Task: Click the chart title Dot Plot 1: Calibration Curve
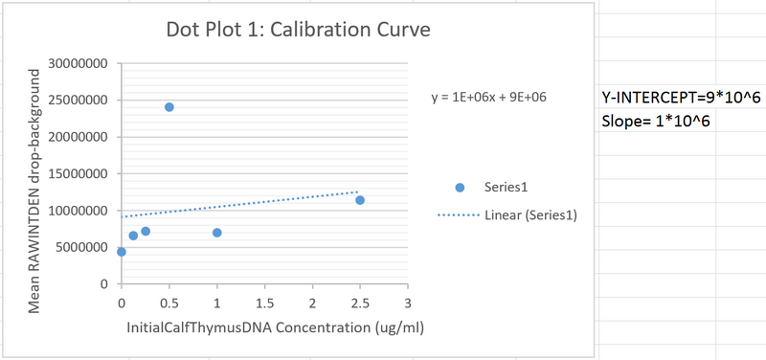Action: pyautogui.click(x=299, y=30)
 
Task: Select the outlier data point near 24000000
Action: pyautogui.click(x=169, y=106)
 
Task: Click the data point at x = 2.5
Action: pyautogui.click(x=360, y=200)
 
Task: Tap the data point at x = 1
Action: pyautogui.click(x=217, y=233)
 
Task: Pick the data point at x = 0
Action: pyautogui.click(x=122, y=252)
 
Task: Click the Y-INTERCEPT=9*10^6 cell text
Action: pyautogui.click(x=667, y=98)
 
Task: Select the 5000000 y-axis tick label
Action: pyautogui.click(x=83, y=247)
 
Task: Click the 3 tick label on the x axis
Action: pyautogui.click(x=408, y=303)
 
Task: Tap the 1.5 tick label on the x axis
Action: pyautogui.click(x=264, y=303)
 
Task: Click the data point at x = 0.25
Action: pyautogui.click(x=146, y=231)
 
